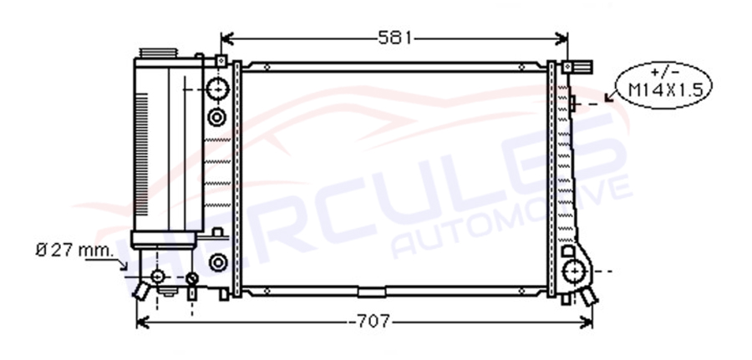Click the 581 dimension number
[394, 38]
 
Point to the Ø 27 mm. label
[75, 250]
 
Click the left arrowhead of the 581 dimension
[226, 38]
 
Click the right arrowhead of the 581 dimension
[561, 38]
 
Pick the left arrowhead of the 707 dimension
[142, 322]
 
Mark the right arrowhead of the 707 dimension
[587, 322]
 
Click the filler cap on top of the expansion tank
[158, 53]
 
